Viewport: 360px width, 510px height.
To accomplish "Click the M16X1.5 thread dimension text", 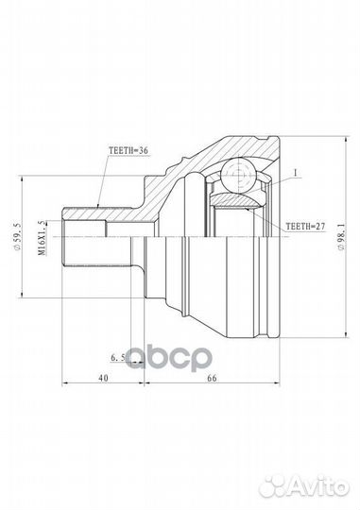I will point(41,233).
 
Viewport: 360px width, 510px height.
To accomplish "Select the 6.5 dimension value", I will point(118,360).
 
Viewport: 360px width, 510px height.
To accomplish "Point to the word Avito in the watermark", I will point(323,487).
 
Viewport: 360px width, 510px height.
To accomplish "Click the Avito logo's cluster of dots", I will point(283,486).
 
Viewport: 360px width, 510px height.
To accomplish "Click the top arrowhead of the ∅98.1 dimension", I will point(316,135).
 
